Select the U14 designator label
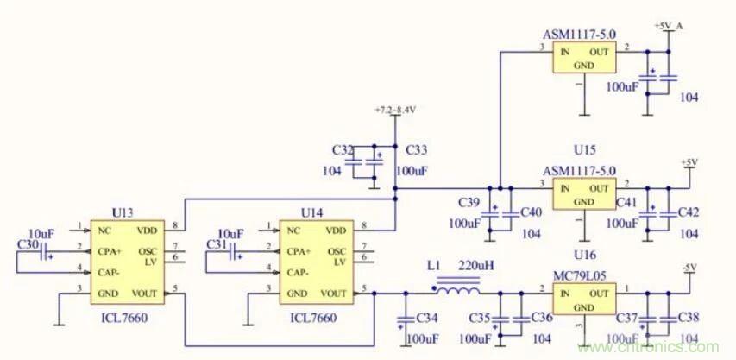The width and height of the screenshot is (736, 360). coord(312,212)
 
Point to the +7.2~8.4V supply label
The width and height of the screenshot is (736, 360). coord(395,111)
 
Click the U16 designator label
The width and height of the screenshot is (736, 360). coord(586,256)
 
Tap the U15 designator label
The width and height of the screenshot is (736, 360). coord(586,149)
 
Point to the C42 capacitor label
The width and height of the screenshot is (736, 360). coord(689,212)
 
